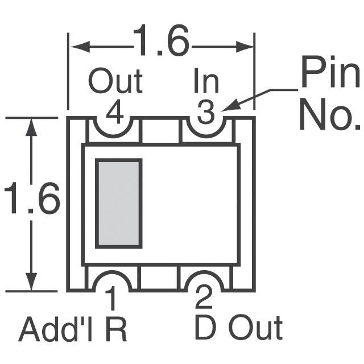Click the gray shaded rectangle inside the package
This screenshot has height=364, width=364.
tap(118, 204)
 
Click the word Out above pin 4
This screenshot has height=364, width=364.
tap(115, 82)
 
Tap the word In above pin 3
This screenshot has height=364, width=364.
tap(205, 82)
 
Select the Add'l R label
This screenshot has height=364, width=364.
tap(73, 329)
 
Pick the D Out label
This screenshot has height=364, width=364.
tap(238, 328)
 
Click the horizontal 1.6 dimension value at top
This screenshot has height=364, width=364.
tap(160, 42)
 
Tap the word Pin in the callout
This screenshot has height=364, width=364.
tap(330, 73)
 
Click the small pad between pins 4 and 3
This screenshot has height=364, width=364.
tap(160, 130)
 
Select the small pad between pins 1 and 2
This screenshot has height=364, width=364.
tap(160, 278)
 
